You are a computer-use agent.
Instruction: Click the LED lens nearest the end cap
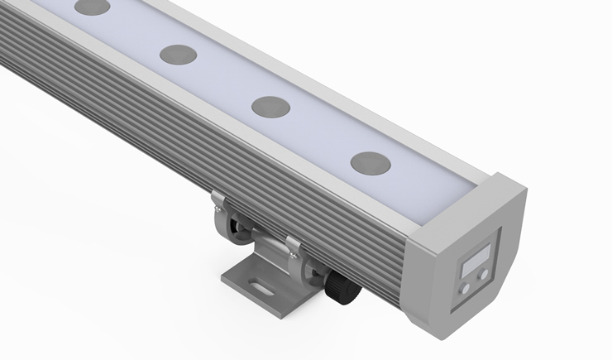tap(370, 161)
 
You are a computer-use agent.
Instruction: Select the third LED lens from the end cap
tap(178, 55)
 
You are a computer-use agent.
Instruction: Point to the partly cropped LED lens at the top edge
tap(93, 7)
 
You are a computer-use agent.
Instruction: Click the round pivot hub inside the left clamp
tap(235, 229)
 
